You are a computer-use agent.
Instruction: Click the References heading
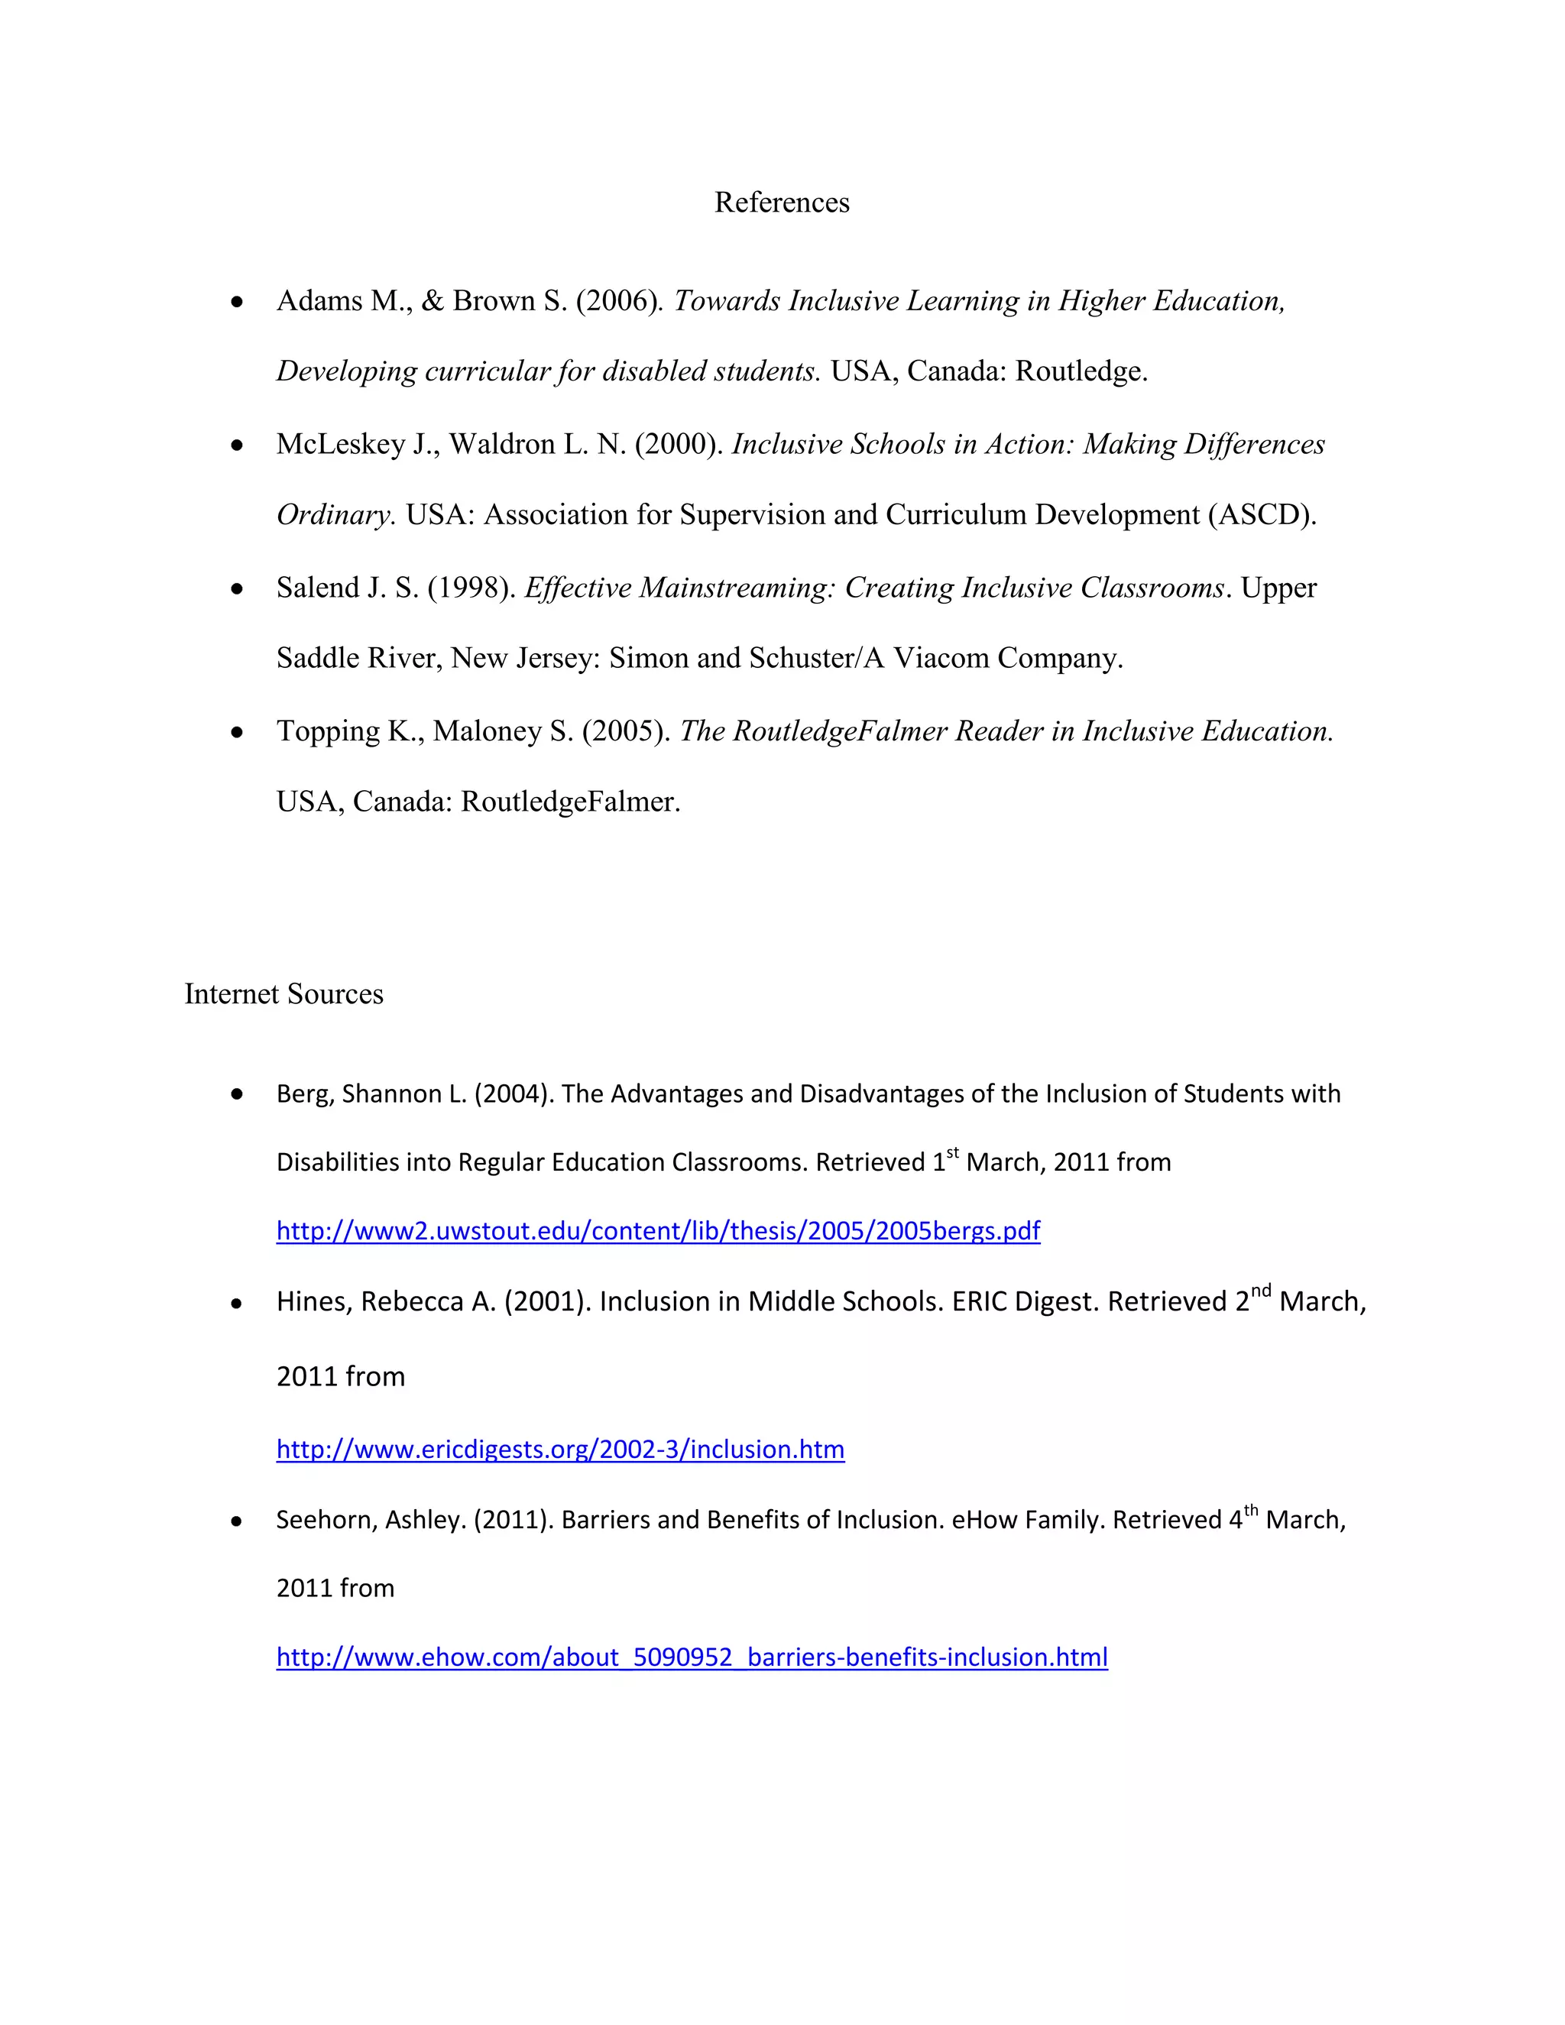click(x=782, y=202)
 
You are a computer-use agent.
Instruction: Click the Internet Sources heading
click(x=284, y=993)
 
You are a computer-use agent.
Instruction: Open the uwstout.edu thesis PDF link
click(x=658, y=1230)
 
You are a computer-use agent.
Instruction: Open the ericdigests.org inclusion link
click(x=560, y=1448)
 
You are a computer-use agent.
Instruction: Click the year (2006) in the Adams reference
click(x=619, y=300)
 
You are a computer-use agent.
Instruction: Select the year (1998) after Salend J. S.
click(x=471, y=587)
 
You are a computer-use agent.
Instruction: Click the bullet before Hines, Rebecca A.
click(x=238, y=1304)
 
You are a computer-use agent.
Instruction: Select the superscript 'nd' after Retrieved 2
click(x=1261, y=1291)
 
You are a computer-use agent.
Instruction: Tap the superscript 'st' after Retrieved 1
click(x=952, y=1152)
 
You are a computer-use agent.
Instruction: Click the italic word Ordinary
click(x=335, y=514)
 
